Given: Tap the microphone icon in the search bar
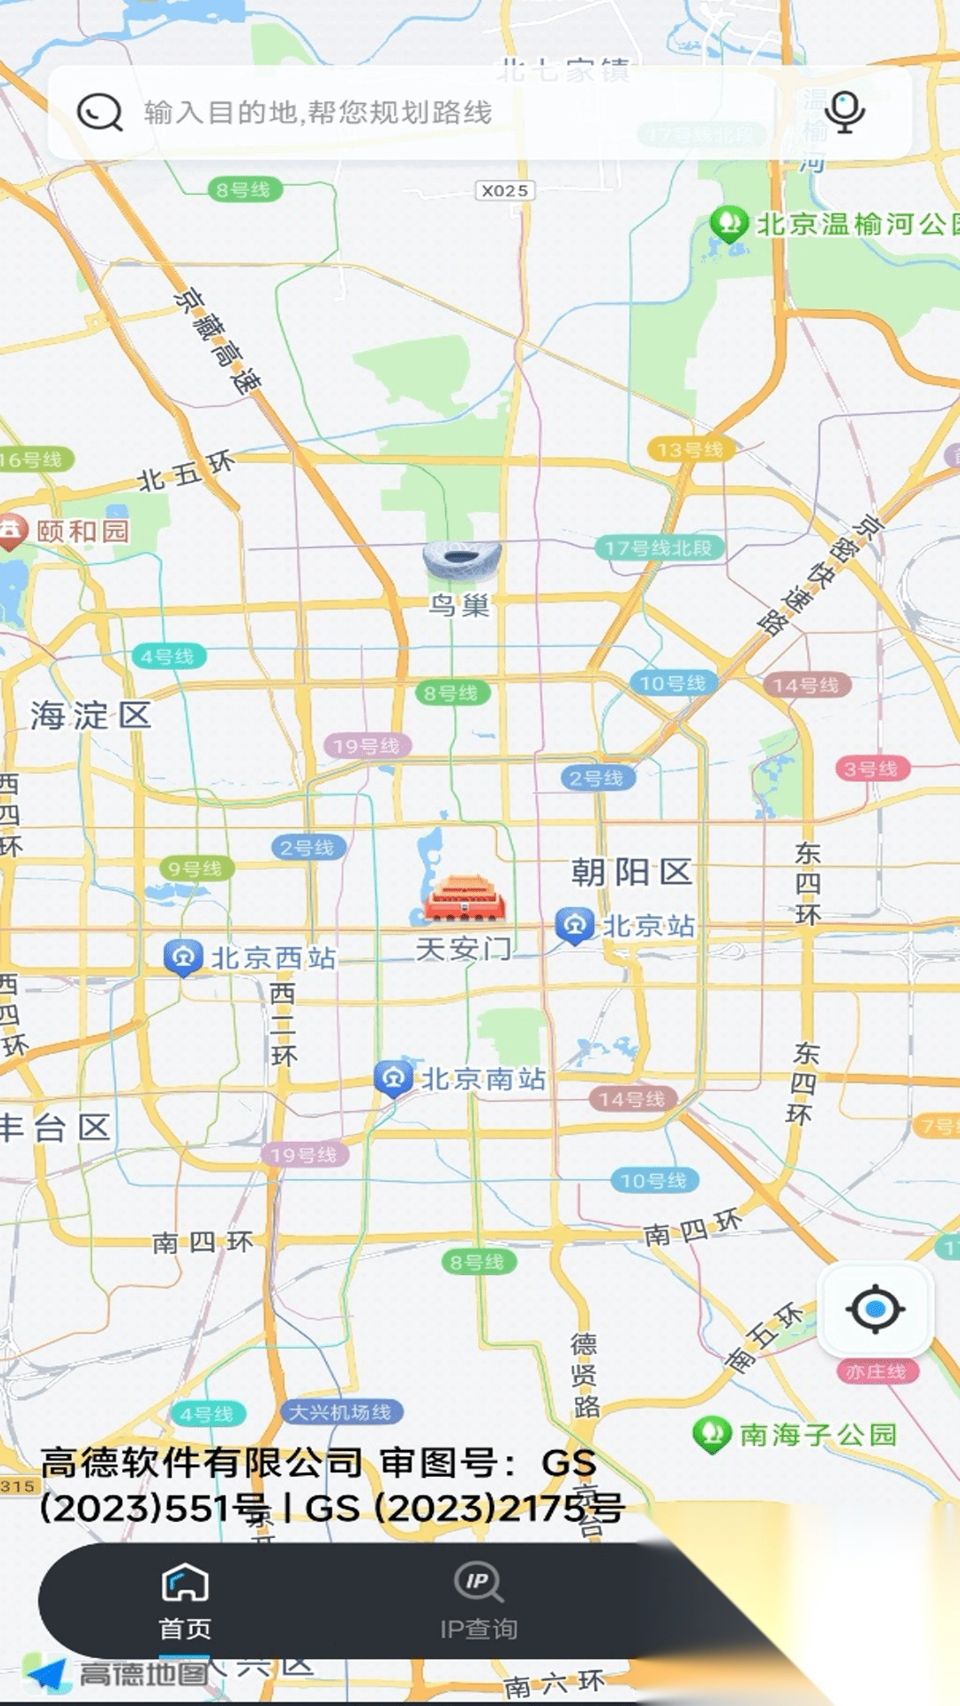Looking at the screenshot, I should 844,112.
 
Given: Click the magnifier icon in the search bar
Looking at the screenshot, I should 100,113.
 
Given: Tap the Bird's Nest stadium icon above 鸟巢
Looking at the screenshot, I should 461,561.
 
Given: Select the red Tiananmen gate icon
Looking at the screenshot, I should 465,899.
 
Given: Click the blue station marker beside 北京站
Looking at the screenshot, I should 574,925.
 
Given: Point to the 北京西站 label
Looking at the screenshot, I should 273,958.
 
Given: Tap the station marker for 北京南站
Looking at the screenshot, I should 393,1079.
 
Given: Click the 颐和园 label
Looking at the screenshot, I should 83,531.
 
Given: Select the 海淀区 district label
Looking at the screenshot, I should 91,715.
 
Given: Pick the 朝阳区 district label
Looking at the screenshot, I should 631,872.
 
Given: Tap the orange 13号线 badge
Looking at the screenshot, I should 691,450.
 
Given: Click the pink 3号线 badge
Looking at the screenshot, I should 871,769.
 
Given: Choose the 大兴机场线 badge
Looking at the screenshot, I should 340,1412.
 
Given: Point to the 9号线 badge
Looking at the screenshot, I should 196,868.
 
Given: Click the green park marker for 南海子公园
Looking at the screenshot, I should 711,1433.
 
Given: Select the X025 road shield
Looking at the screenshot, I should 505,190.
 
